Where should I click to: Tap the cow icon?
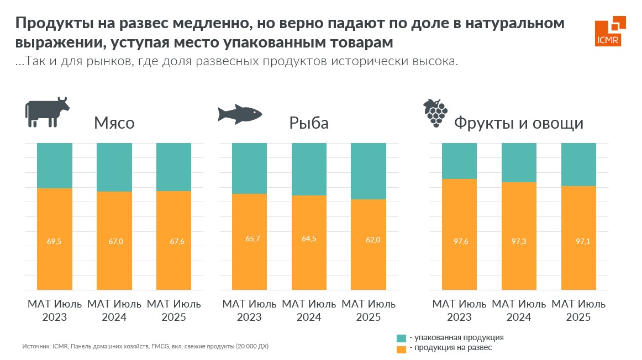click(x=46, y=112)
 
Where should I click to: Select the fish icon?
click(x=239, y=113)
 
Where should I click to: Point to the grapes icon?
click(x=435, y=113)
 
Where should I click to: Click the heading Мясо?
click(x=114, y=123)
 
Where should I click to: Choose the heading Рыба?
click(x=309, y=123)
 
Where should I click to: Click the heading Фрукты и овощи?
click(x=518, y=123)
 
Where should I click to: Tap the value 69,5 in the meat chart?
click(x=55, y=241)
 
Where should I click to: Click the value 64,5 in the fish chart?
click(x=309, y=239)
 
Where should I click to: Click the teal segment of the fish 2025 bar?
click(x=369, y=171)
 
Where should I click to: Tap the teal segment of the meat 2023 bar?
click(x=55, y=165)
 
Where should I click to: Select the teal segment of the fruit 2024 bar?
click(x=519, y=162)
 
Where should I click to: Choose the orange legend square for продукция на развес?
click(x=402, y=348)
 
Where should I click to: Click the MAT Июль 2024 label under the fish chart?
click(x=309, y=310)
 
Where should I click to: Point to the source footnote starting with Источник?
click(x=145, y=347)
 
